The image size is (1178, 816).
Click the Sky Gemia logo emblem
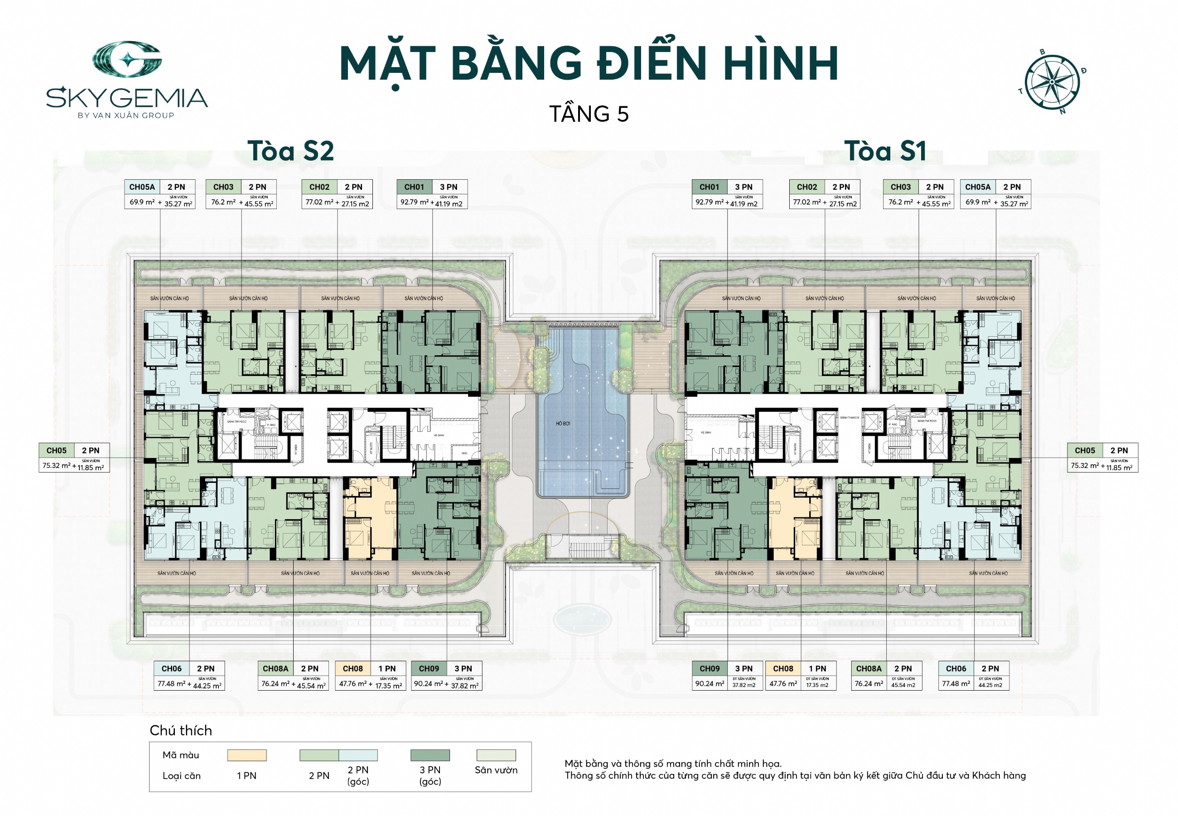click(x=127, y=60)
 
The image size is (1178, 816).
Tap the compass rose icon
click(x=1052, y=82)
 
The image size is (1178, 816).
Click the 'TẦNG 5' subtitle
click(x=589, y=114)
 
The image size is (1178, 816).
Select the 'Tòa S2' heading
click(x=291, y=151)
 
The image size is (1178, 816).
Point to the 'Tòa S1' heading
click(x=885, y=151)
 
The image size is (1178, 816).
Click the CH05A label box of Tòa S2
click(x=159, y=194)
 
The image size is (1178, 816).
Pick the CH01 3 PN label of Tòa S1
click(x=727, y=187)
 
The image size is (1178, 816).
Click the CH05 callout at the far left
click(x=74, y=457)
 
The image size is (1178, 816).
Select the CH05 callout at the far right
click(x=1102, y=457)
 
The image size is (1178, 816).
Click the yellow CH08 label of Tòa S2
click(x=370, y=675)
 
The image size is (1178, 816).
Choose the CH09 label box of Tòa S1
click(x=727, y=675)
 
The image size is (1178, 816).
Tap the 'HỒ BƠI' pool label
click(x=562, y=423)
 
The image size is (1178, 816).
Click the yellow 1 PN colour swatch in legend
click(x=246, y=755)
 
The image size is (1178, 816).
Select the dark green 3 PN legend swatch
click(x=430, y=755)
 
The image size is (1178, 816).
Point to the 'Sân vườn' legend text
click(x=495, y=770)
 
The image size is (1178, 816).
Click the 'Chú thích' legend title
click(x=181, y=730)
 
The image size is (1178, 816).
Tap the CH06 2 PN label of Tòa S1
click(x=973, y=668)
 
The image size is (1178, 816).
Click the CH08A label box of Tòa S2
click(x=293, y=675)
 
